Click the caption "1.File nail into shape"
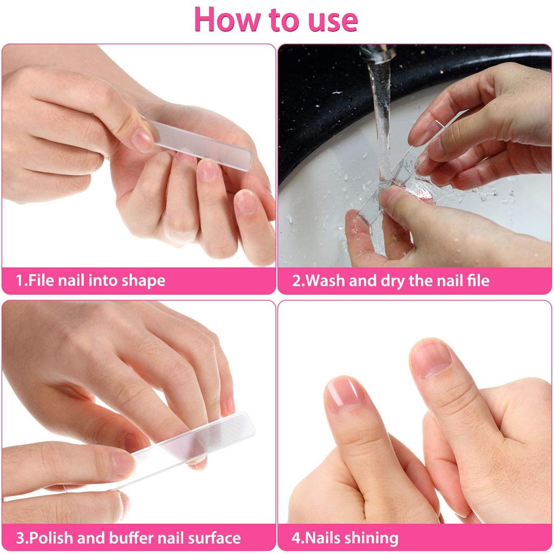coord(90,281)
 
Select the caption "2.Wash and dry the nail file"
coord(391,281)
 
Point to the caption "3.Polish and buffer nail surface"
coord(128,538)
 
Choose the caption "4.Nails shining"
coord(345,538)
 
